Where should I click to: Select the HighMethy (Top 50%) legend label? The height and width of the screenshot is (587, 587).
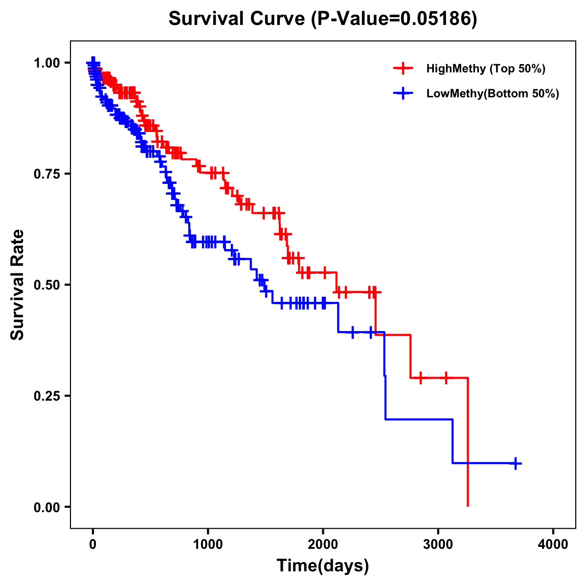coord(485,68)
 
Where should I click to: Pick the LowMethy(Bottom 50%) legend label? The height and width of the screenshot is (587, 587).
coord(492,93)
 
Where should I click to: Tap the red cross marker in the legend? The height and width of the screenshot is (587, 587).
coord(403,68)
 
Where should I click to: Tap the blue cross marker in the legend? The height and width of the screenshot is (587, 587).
coord(403,93)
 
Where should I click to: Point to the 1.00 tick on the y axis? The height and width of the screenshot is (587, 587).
coord(46,63)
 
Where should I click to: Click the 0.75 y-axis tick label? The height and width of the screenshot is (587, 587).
coord(46,174)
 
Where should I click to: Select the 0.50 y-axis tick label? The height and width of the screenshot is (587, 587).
coord(46,285)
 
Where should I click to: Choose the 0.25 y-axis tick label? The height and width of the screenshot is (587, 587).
coord(46,396)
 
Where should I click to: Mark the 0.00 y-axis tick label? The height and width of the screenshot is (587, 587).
coord(46,507)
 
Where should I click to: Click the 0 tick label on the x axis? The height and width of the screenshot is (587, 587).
coord(93,544)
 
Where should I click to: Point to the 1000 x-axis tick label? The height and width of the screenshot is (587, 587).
coord(208,544)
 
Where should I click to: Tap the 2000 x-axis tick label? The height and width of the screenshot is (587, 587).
coord(323,544)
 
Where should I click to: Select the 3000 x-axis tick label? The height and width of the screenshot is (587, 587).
coord(438,544)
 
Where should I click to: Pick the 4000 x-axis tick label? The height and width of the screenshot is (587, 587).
coord(553,544)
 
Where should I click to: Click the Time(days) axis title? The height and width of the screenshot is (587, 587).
coord(323,566)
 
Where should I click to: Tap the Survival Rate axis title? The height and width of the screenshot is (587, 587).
coord(18,285)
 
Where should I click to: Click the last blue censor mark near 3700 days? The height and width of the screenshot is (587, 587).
coord(516,463)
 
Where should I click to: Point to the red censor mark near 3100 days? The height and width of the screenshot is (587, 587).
coord(446,378)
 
